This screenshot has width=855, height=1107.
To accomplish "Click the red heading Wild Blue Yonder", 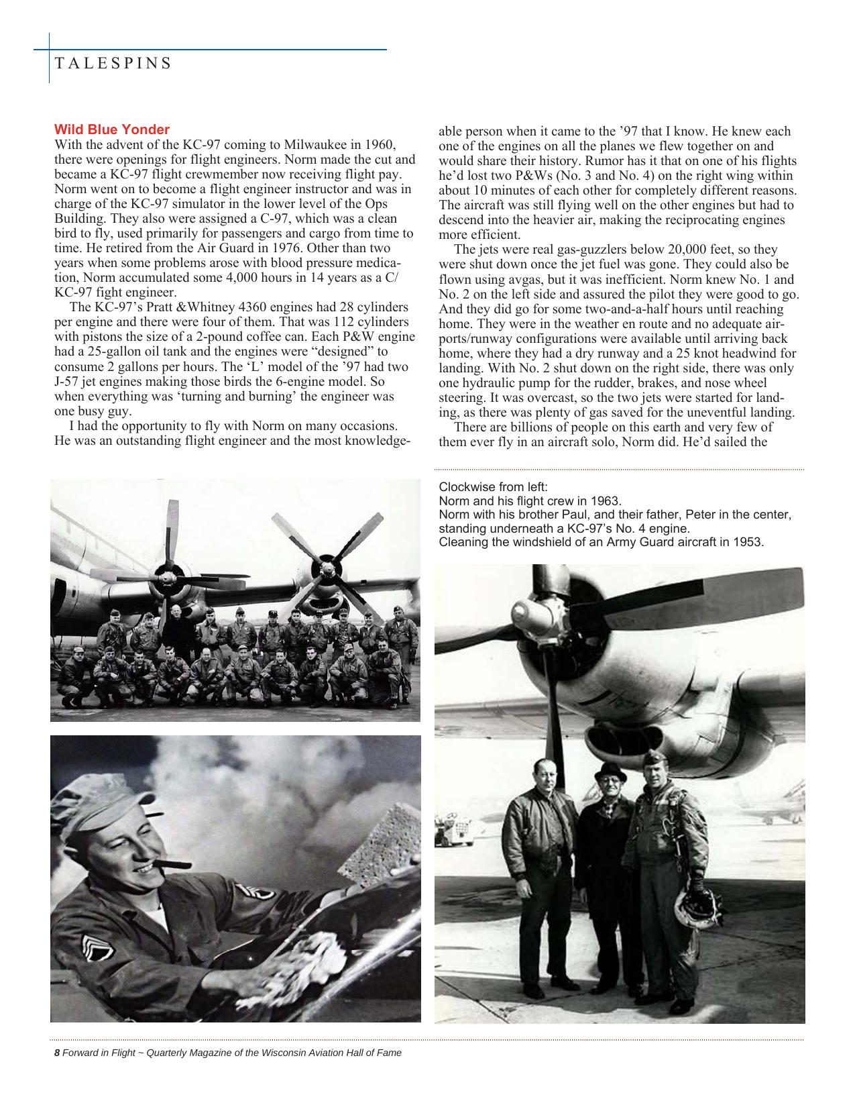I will pos(112,129).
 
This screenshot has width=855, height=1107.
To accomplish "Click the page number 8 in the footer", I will pos(57,1053).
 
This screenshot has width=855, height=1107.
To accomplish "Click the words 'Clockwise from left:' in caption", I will pos(493,487).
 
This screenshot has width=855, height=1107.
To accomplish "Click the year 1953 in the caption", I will pos(750,541).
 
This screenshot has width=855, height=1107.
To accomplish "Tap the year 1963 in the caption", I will pos(608,500).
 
